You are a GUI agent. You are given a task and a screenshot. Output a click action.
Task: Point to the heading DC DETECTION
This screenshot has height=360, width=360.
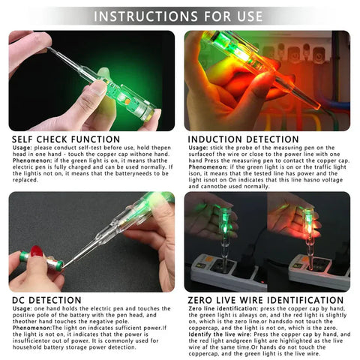click(46, 300)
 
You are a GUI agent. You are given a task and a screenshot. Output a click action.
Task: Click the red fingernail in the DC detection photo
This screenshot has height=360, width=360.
click(36, 250)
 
